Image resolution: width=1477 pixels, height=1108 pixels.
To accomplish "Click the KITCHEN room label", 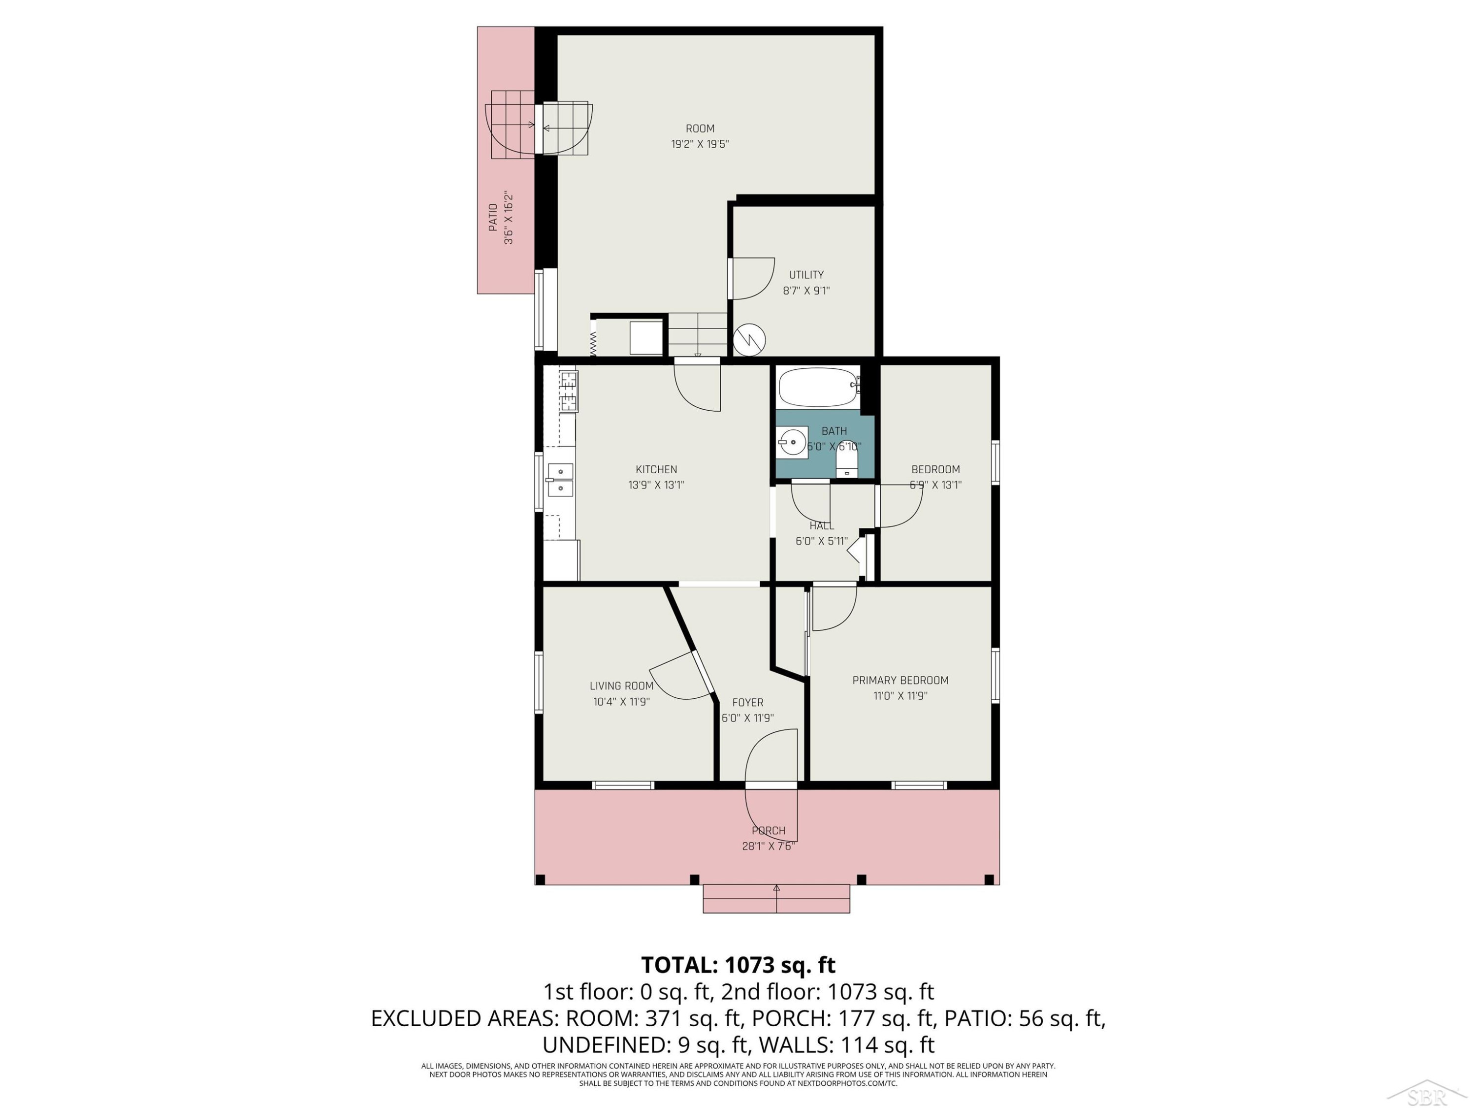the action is [656, 469].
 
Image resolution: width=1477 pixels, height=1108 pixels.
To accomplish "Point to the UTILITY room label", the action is [806, 274].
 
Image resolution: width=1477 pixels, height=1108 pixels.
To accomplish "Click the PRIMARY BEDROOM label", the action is [900, 680].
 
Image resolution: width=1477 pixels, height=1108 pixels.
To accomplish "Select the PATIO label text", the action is [493, 218].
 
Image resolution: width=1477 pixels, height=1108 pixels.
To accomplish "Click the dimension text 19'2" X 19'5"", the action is [700, 144].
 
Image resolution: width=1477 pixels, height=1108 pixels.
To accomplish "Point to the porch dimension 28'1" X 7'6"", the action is [769, 846].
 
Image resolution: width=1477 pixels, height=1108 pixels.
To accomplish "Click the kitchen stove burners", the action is [568, 391].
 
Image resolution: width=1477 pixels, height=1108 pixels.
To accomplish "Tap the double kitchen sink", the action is [560, 480].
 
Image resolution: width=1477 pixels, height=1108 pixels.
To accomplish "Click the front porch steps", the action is [776, 898].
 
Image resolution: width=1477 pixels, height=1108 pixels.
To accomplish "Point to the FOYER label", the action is [747, 703].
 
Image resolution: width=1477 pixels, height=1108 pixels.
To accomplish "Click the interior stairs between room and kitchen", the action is [697, 335].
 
